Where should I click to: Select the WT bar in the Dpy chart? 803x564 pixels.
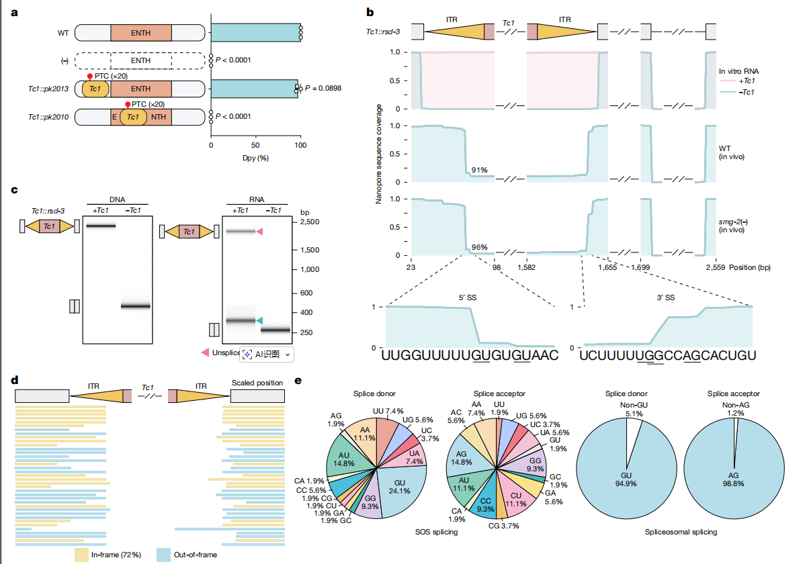[x=255, y=32]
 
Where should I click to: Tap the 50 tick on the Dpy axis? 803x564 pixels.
[x=256, y=145]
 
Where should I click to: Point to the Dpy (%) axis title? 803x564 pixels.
[x=255, y=158]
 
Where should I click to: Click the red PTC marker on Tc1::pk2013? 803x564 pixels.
[x=90, y=77]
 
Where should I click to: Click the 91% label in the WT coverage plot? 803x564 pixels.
[x=480, y=170]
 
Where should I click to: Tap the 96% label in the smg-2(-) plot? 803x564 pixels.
[x=480, y=247]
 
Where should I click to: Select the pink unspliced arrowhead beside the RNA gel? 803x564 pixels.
[x=259, y=231]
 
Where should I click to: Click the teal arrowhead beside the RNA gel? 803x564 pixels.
[x=259, y=321]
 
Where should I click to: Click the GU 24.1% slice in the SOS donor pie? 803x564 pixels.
[x=402, y=487]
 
